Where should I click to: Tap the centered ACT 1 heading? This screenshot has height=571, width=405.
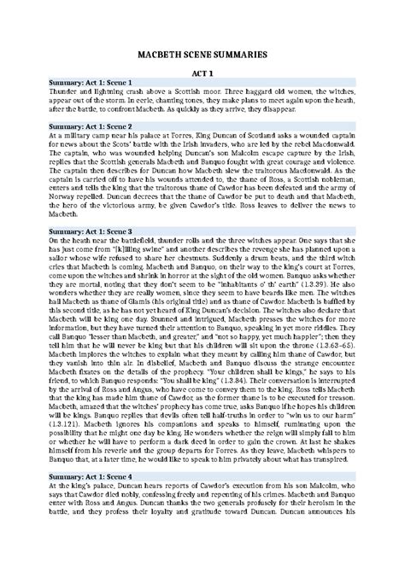click(202, 74)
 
